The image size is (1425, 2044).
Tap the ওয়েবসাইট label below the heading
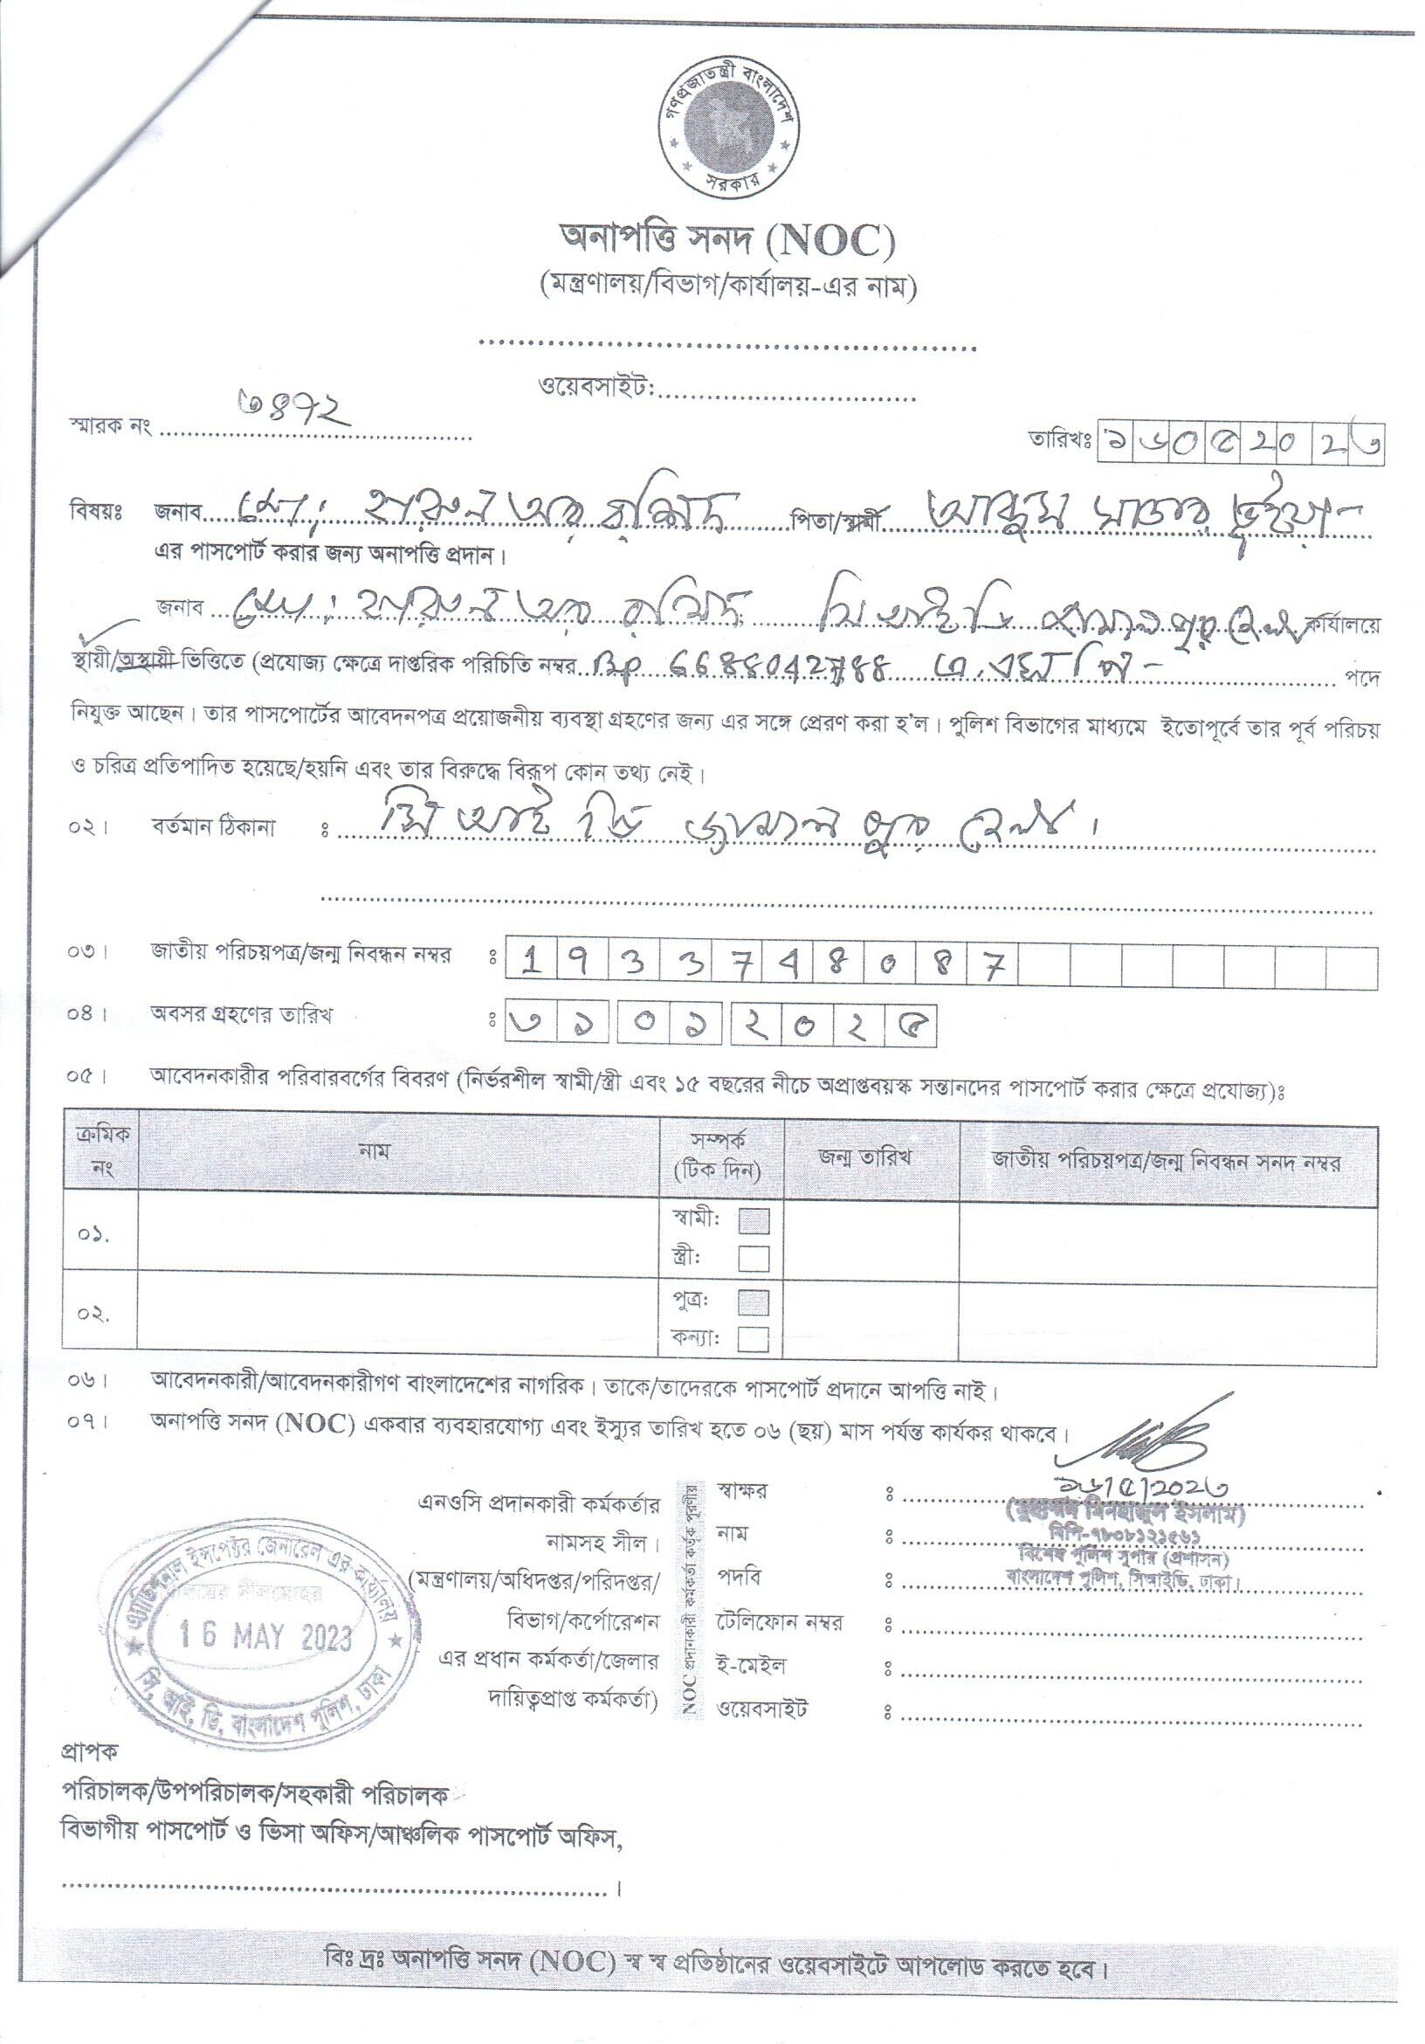pyautogui.click(x=596, y=387)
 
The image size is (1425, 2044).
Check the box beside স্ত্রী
pyautogui.click(x=754, y=1258)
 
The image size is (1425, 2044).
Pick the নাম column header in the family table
pyautogui.click(x=374, y=1151)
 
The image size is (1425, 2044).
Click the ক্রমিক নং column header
pyautogui.click(x=102, y=1151)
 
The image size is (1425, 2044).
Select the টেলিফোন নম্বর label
pyautogui.click(x=779, y=1622)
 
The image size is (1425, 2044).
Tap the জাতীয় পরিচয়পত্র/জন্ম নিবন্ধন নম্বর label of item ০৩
pyautogui.click(x=300, y=956)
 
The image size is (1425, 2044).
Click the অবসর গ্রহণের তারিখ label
pyautogui.click(x=240, y=1014)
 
